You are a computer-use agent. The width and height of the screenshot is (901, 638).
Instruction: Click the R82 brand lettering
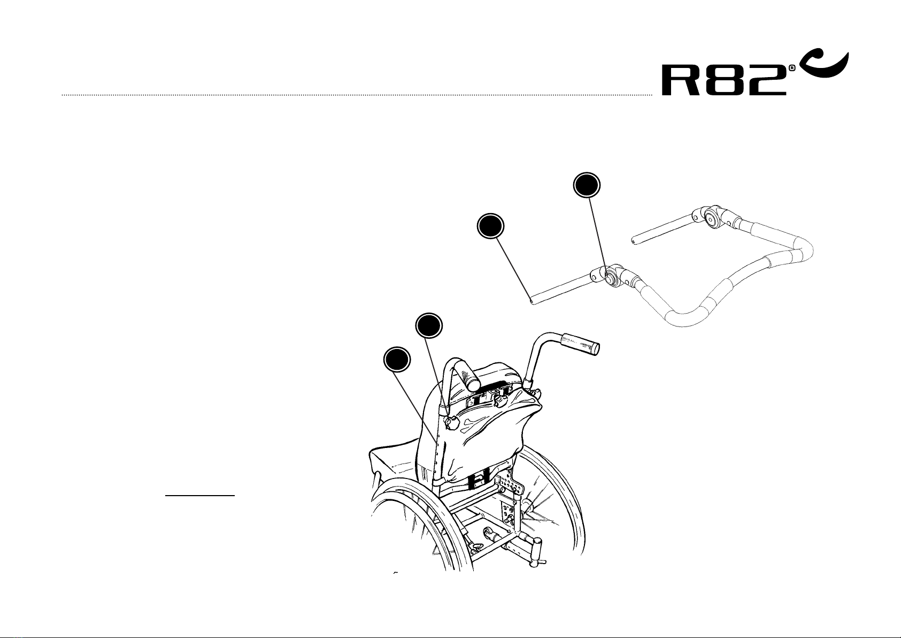(x=724, y=80)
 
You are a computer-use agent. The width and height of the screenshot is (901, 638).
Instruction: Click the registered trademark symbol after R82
(x=791, y=69)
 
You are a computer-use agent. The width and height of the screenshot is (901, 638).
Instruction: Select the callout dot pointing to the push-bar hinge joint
(x=587, y=186)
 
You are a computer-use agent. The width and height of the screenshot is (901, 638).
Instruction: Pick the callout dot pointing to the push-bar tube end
(x=490, y=226)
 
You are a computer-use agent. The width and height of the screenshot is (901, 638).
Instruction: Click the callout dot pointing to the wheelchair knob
(x=429, y=325)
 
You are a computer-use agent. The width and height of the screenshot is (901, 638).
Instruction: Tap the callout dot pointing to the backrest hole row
(x=397, y=360)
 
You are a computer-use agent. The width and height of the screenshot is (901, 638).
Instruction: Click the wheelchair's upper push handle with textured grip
(x=580, y=343)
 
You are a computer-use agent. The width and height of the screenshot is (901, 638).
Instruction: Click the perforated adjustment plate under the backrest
(x=509, y=485)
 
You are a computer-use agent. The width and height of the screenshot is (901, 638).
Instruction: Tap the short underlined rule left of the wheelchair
(x=200, y=496)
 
